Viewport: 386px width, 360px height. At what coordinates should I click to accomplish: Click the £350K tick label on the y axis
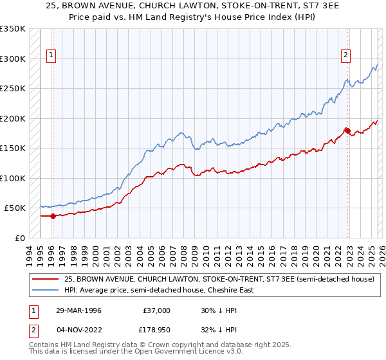coord(13,29)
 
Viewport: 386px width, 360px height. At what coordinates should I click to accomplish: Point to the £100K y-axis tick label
coord(13,178)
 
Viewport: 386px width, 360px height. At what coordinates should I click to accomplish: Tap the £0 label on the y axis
coord(19,238)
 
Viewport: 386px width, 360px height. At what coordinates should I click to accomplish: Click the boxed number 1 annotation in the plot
coord(51,56)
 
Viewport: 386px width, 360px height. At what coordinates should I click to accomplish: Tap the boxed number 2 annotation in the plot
coord(345,56)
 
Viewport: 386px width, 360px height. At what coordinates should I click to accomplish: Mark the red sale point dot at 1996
coord(53,216)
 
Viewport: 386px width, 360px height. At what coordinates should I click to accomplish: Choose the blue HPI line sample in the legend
coord(46,290)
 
